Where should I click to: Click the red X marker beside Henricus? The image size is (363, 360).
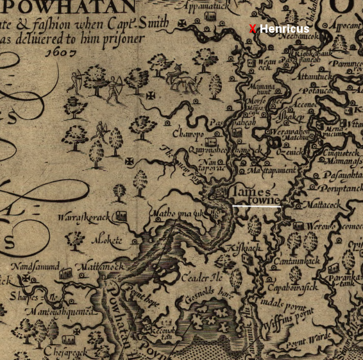click(253, 29)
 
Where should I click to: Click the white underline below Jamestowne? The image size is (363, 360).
click(257, 207)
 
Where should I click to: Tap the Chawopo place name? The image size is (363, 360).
click(188, 133)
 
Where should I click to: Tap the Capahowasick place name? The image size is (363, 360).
click(292, 286)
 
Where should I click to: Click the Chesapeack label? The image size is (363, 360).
click(65, 352)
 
